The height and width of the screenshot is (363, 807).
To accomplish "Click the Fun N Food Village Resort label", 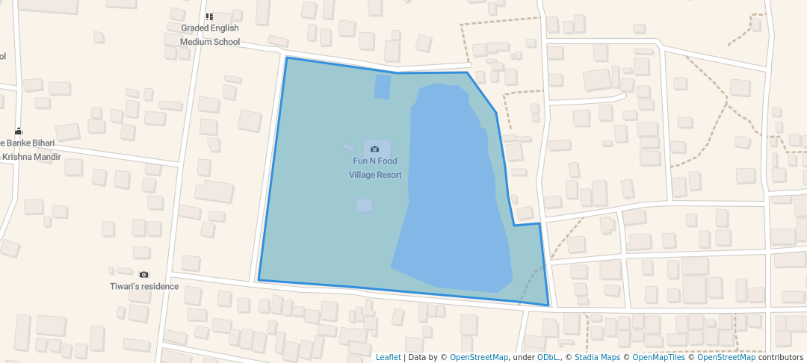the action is click(375, 168).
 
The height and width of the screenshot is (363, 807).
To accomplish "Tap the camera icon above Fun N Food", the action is click(375, 149).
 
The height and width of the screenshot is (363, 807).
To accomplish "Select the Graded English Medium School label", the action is click(210, 35).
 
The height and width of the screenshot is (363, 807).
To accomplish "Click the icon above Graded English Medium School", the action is click(209, 16).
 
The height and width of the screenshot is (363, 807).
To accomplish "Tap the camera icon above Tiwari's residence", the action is click(144, 275).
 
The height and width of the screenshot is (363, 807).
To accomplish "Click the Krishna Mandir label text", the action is click(31, 157).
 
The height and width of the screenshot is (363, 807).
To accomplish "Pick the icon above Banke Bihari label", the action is click(18, 131).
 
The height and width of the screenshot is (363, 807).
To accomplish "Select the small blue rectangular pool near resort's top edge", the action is click(383, 87).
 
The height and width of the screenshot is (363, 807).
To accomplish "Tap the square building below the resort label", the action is click(364, 205).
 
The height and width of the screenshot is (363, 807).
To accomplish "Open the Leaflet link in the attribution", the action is click(388, 357).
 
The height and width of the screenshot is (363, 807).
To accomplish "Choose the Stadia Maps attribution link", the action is click(597, 357).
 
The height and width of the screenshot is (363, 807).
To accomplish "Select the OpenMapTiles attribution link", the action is click(653, 357).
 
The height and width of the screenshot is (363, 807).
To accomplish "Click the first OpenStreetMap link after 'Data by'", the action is click(479, 357).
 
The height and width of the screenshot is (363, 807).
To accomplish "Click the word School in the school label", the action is click(226, 42).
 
